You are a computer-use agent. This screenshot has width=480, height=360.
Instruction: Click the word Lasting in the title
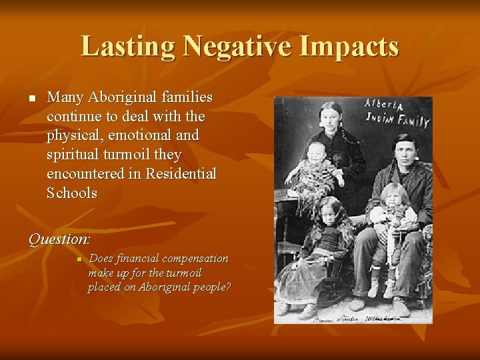coord(127,46)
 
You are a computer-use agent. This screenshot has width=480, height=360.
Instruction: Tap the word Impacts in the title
coord(357,46)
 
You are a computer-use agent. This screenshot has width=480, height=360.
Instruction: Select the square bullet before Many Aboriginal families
coord(31,99)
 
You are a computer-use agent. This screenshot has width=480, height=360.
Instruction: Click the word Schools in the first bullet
coord(72,193)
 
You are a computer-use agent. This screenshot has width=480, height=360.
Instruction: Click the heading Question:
coord(59,239)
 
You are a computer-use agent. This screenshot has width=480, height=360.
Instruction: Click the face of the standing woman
coord(331,116)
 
